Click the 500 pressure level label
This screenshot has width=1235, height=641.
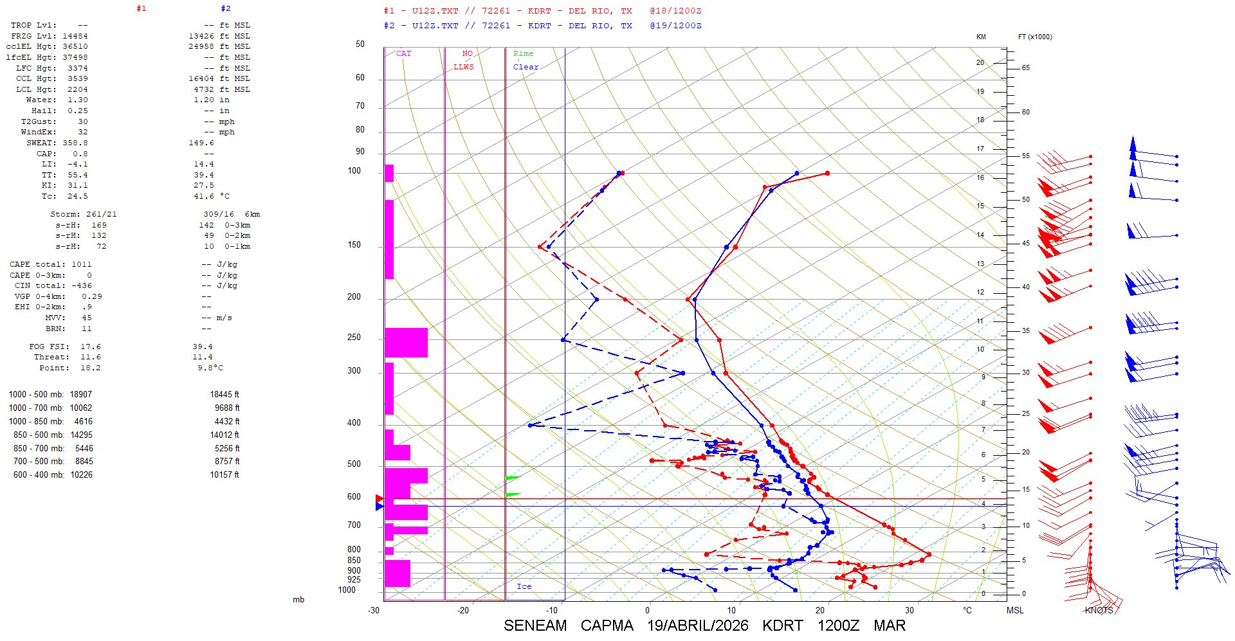[x=354, y=464]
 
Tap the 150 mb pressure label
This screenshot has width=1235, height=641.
[x=354, y=245]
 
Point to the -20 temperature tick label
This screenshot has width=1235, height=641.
[x=463, y=610]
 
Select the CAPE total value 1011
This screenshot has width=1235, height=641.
[x=82, y=264]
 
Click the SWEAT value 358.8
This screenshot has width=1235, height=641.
[x=75, y=143]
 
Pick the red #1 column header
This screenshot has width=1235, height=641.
[x=142, y=8]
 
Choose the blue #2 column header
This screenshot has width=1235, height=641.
[x=225, y=8]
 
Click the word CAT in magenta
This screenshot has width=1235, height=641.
[x=403, y=53]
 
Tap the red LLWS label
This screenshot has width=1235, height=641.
[x=463, y=67]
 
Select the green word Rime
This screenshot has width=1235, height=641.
[x=523, y=53]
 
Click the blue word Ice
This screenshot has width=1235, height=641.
[x=524, y=586]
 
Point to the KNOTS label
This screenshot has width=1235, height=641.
[x=1099, y=610]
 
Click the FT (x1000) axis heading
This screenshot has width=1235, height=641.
[x=1035, y=37]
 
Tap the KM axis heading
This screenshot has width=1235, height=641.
[x=981, y=37]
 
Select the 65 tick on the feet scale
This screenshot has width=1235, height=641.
[x=1025, y=68]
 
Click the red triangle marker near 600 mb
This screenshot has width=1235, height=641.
[x=380, y=498]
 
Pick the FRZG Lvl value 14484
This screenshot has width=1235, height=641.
[x=75, y=36]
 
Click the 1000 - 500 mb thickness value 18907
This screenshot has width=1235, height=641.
[x=81, y=394]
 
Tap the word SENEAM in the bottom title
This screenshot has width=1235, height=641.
[x=535, y=626]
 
